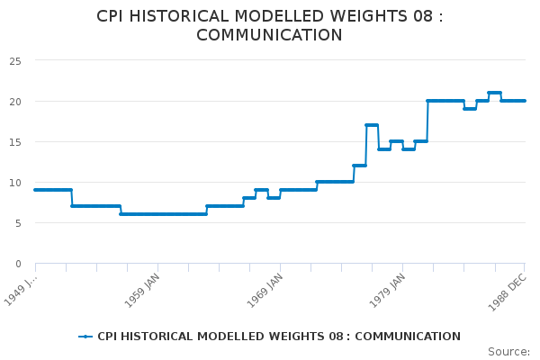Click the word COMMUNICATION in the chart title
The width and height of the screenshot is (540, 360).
click(269, 36)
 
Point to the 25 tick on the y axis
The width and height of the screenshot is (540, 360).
click(15, 61)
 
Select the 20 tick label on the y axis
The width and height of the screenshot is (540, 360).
click(15, 102)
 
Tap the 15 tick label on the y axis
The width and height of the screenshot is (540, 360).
click(15, 142)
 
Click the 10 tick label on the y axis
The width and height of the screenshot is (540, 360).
click(15, 183)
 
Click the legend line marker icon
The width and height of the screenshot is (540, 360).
click(85, 337)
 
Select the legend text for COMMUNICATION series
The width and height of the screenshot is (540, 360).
click(279, 337)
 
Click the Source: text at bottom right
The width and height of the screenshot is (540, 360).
click(508, 351)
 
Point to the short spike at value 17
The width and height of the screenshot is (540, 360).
click(372, 125)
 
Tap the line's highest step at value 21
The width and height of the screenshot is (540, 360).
click(494, 93)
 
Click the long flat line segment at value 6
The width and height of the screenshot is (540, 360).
click(163, 214)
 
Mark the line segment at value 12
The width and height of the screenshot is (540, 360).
click(359, 166)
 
